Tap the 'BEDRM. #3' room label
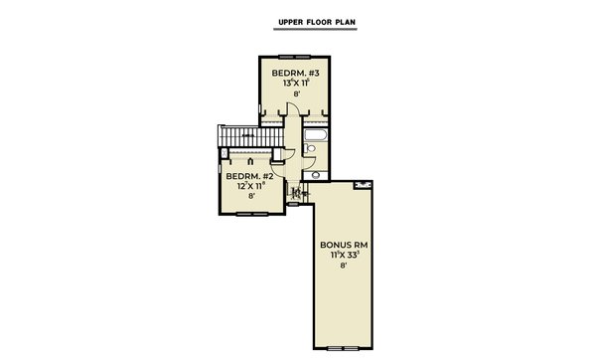[x=295, y=73]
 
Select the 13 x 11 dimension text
[x=295, y=84]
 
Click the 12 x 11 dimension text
[x=252, y=186]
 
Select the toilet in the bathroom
[x=310, y=150]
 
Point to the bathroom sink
[x=316, y=174]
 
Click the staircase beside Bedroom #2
[x=239, y=135]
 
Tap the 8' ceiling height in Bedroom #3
[x=295, y=95]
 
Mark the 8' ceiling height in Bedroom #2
[x=252, y=197]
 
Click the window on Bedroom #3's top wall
[x=295, y=56]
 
